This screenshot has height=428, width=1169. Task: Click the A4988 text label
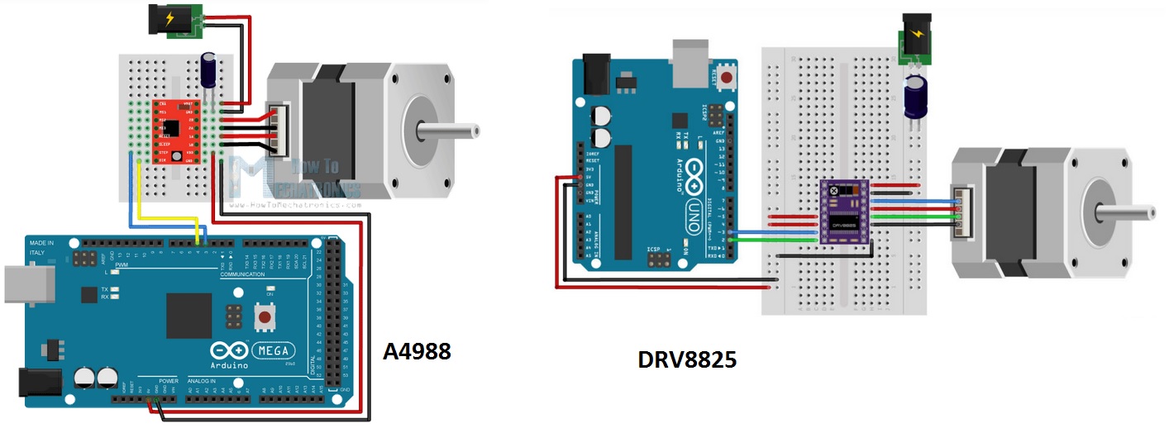[x=417, y=351]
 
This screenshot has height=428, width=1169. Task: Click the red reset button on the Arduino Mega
[x=265, y=317]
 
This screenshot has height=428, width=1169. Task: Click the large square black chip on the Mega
[x=188, y=314]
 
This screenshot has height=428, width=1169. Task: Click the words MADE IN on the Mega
[x=43, y=243]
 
